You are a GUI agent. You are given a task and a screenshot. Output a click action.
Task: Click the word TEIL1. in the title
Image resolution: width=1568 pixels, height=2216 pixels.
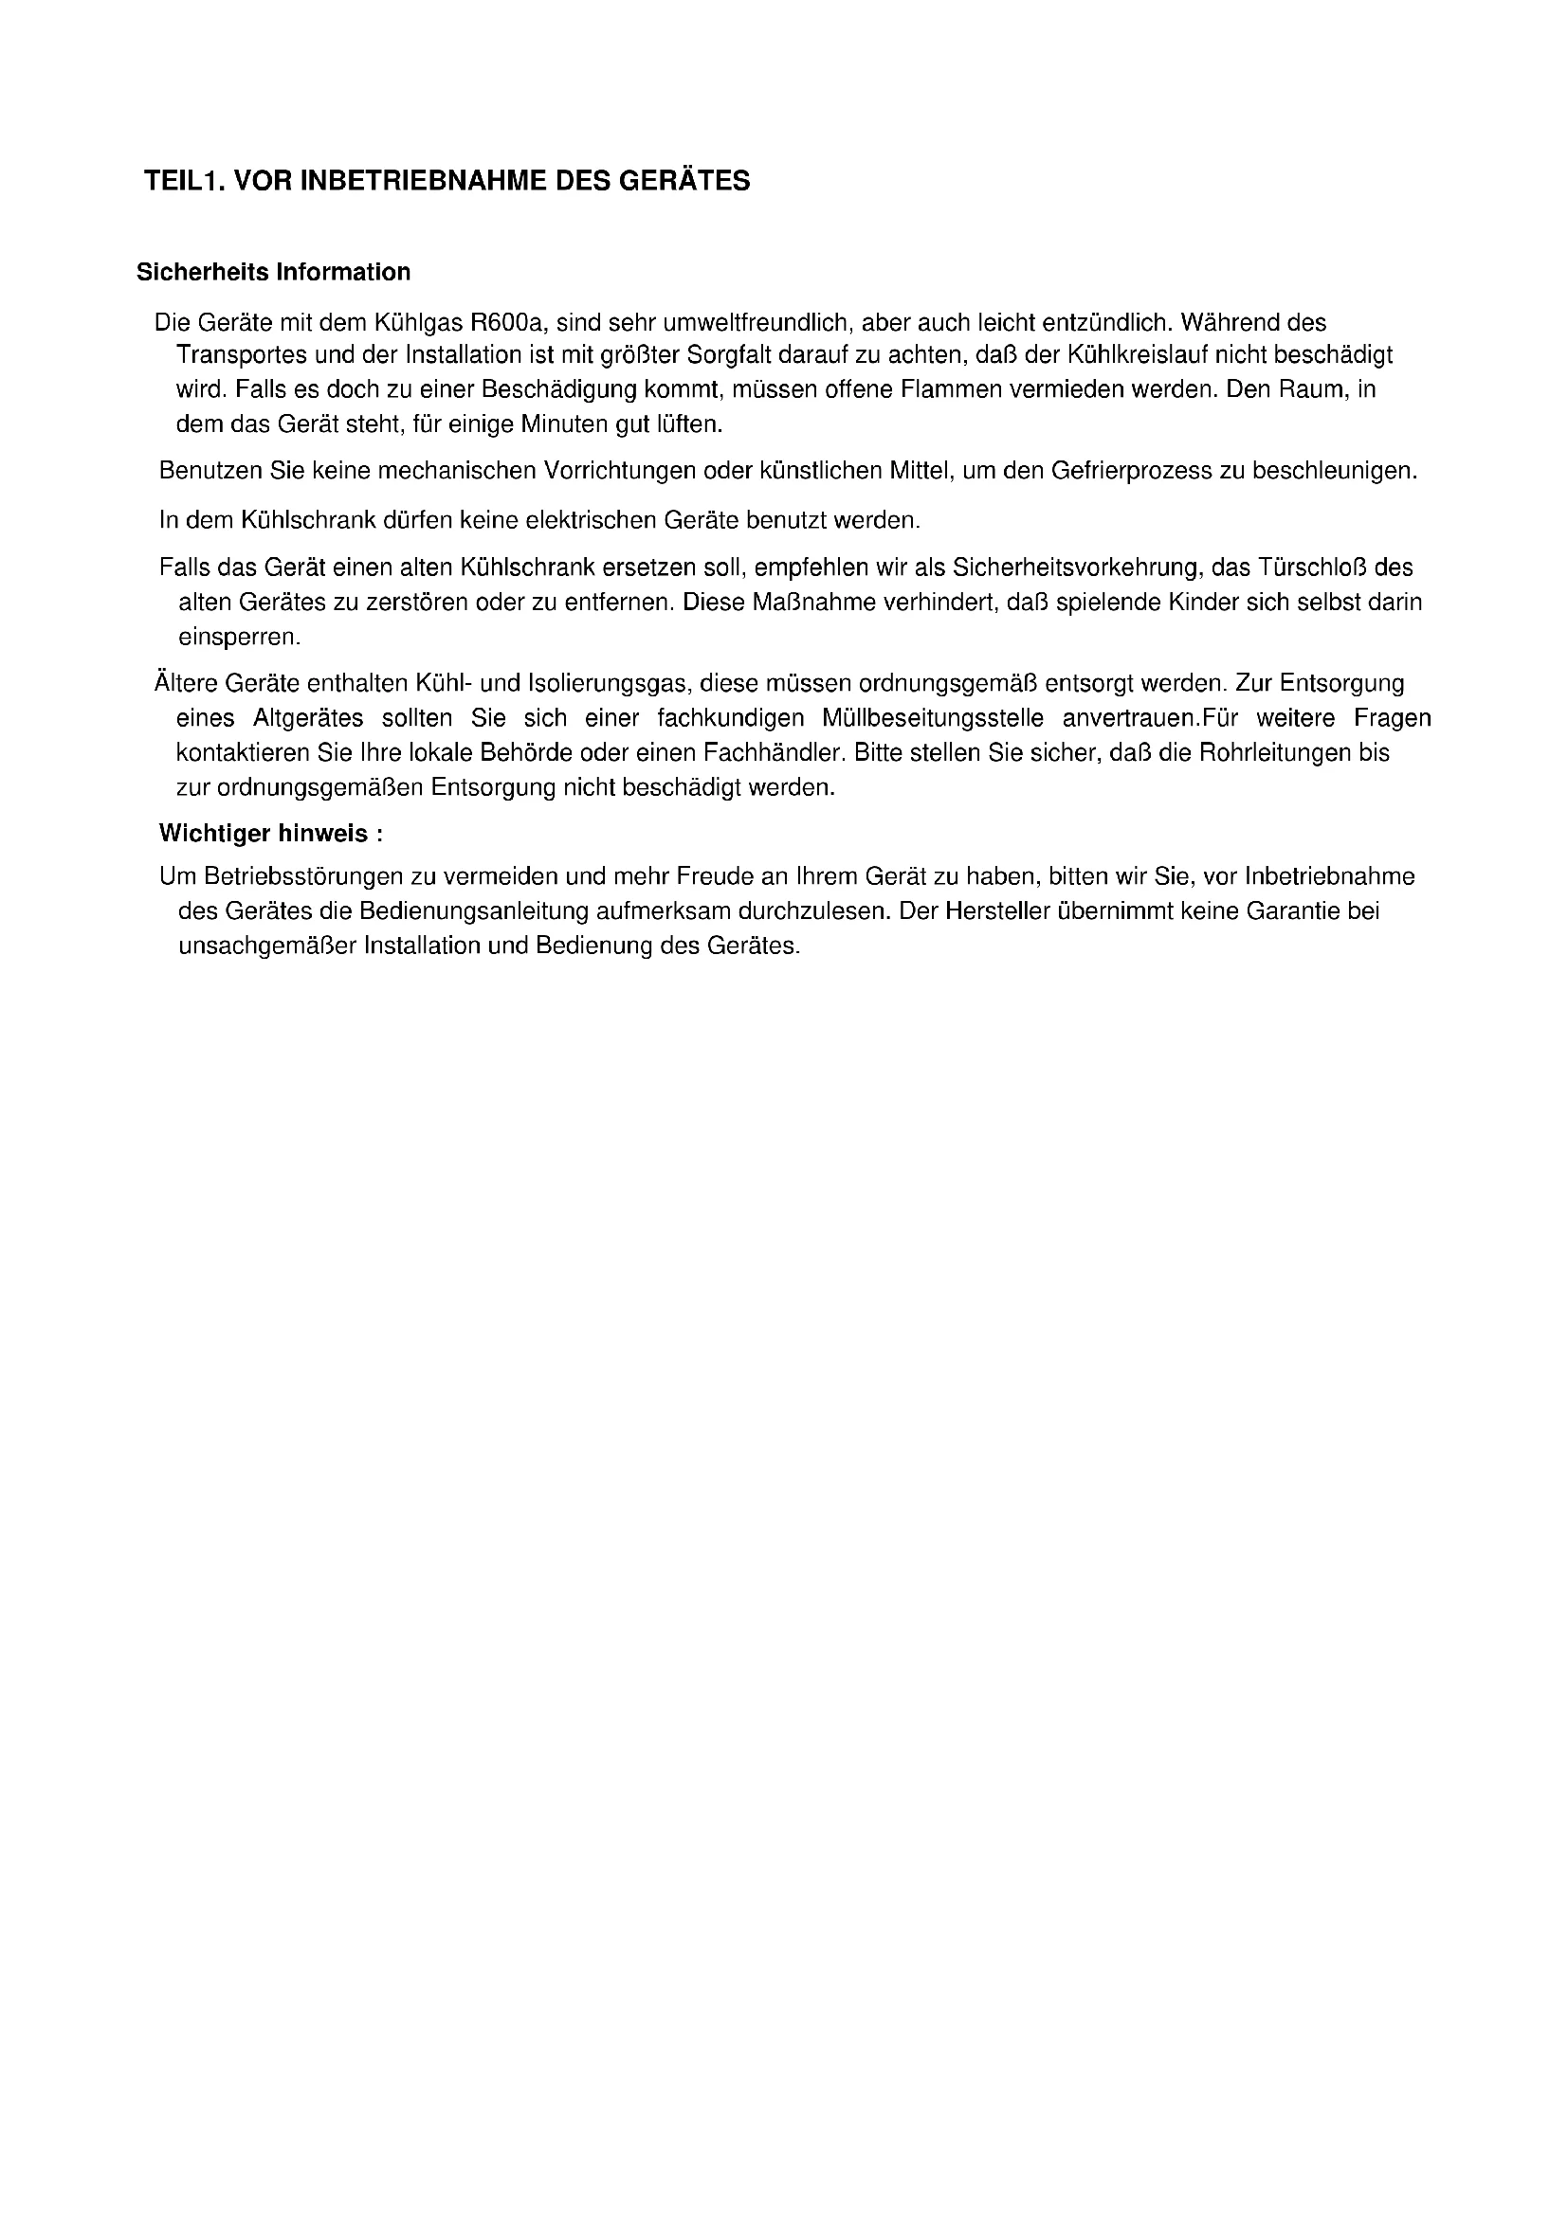(184, 181)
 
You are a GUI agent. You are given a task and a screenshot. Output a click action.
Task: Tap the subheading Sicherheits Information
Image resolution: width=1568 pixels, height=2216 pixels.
(273, 272)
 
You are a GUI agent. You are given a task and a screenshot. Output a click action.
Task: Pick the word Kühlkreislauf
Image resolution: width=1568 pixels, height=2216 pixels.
(1137, 355)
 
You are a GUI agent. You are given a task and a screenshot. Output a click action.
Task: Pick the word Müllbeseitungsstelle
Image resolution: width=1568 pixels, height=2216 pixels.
(933, 718)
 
